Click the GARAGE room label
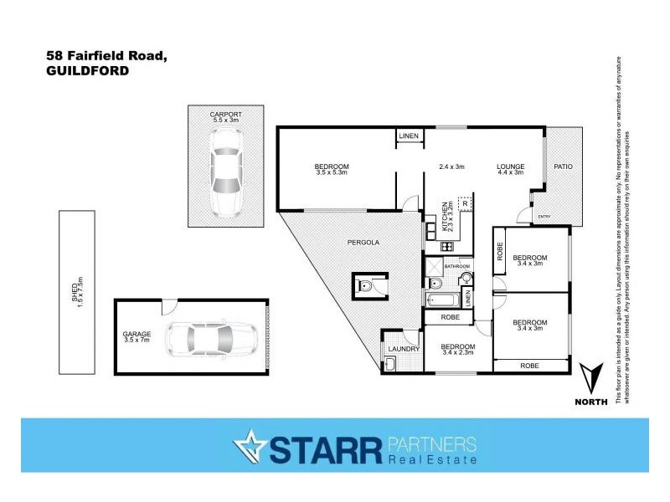coord(137,334)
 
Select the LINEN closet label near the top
coord(408,136)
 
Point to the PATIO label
coord(563,166)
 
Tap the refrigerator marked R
coord(464,203)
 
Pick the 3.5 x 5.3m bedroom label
coord(332,169)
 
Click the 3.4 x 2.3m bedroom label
coord(458,349)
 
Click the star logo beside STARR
coord(250,448)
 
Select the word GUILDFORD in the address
coord(87,71)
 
